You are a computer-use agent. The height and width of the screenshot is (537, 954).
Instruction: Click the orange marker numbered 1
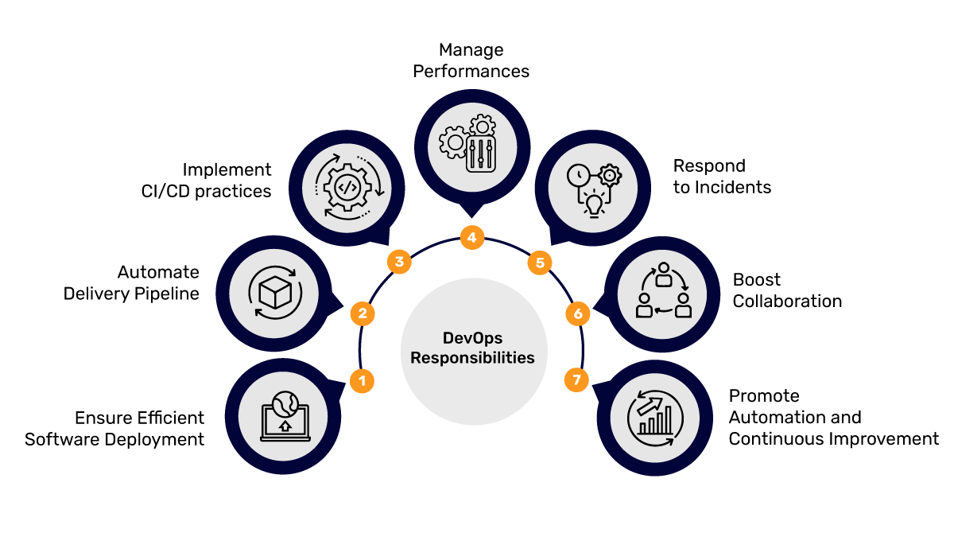(362, 381)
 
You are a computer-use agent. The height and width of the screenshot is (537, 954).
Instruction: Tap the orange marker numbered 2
(363, 313)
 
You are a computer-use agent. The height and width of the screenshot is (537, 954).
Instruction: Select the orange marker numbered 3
(399, 261)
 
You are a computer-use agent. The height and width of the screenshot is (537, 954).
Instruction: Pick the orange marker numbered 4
(472, 237)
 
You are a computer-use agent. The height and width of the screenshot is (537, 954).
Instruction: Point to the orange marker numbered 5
(540, 262)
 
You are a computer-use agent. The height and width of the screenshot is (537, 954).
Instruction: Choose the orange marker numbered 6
(578, 313)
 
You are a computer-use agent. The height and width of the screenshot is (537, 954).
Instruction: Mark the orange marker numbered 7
(576, 380)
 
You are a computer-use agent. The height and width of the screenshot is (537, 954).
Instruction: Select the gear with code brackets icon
(346, 189)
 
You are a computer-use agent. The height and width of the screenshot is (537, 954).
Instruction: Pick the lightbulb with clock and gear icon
(592, 189)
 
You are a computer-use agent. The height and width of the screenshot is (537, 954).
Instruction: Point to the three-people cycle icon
(664, 291)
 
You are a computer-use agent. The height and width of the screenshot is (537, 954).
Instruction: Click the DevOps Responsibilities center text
(472, 348)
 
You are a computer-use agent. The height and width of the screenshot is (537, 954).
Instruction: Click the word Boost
(757, 280)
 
